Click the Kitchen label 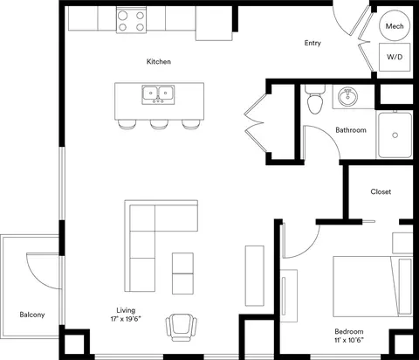[159, 61]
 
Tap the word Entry [313, 43]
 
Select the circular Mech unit [395, 25]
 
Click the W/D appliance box [395, 57]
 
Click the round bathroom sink [347, 97]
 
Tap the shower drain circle [395, 135]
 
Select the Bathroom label [351, 130]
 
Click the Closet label [381, 191]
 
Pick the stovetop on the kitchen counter [131, 20]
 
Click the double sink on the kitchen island [158, 94]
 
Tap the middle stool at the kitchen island [159, 124]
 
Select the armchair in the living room [182, 328]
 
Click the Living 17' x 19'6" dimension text [126, 315]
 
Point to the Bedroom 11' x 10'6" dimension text [349, 336]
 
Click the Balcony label [32, 315]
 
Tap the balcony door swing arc [37, 276]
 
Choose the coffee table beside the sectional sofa [182, 273]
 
